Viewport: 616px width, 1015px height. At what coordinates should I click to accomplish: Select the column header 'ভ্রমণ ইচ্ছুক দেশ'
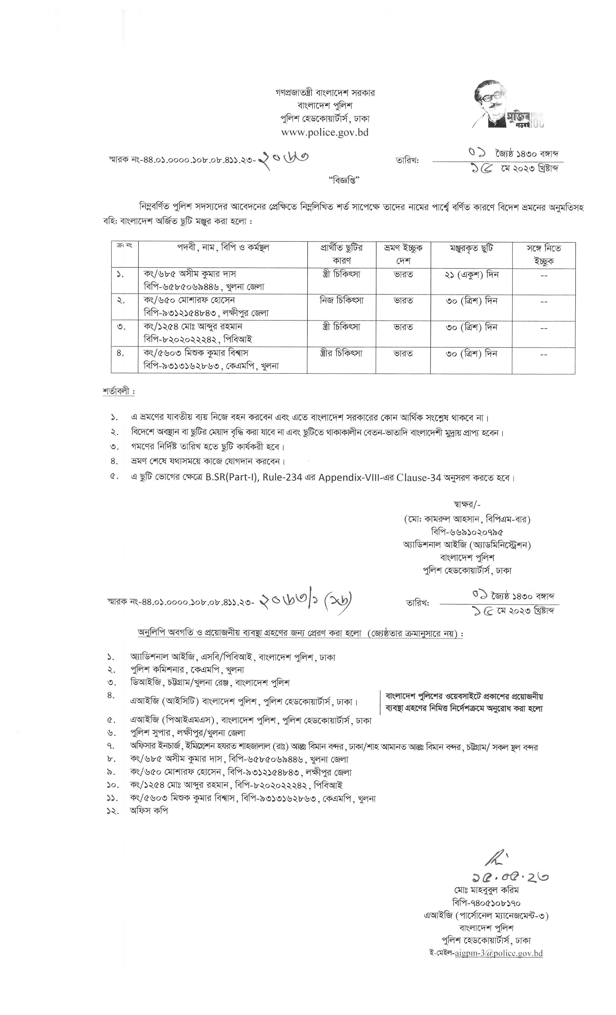[403, 254]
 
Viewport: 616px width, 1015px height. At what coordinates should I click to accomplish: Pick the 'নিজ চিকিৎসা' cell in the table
[341, 300]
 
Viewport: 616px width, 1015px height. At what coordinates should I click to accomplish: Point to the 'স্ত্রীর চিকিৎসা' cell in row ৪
[341, 353]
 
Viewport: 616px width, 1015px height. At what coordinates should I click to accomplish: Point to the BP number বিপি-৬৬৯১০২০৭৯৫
[467, 532]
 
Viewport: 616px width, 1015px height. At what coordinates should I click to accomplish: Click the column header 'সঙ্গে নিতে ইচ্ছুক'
[543, 254]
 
